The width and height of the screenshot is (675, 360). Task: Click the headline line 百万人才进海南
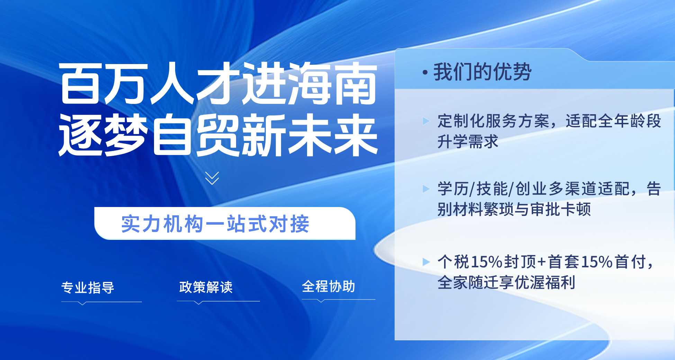218,83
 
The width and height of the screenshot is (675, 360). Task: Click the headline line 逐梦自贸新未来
218,135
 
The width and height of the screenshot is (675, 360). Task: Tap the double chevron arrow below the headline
212,178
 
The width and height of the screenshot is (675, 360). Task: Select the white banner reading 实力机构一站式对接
225,223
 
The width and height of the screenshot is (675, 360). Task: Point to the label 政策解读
206,287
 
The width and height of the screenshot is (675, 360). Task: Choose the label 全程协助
328,286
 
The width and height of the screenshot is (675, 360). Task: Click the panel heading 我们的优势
482,72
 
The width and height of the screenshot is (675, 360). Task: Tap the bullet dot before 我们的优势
425,73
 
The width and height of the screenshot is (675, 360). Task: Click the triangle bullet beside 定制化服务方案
426,121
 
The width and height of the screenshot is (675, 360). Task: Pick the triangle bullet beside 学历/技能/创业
426,189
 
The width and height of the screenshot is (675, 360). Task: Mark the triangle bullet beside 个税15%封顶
426,262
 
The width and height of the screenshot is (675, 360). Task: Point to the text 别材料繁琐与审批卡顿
514,209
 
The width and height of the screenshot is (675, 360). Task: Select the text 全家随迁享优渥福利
506,282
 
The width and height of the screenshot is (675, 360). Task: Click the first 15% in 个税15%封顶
487,262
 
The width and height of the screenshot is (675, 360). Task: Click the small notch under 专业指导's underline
82,304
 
